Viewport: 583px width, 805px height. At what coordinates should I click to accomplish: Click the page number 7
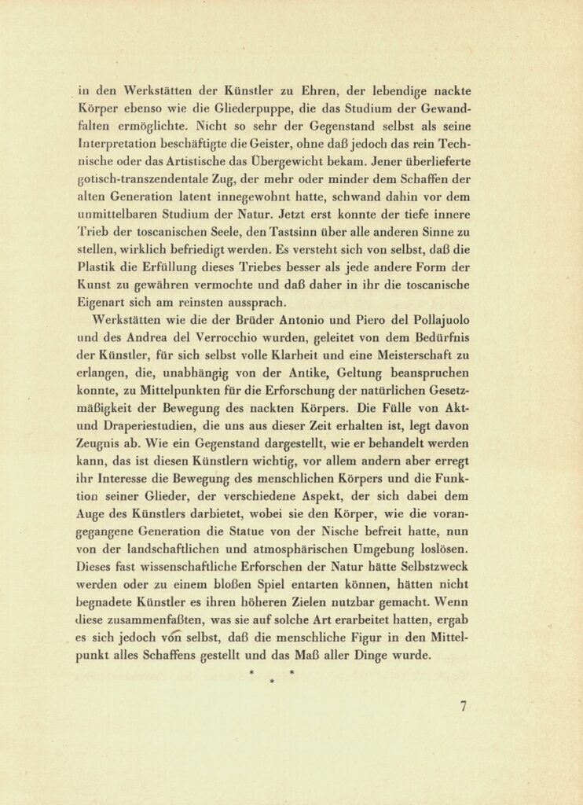click(464, 706)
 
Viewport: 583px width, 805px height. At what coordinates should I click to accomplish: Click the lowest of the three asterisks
click(271, 682)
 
